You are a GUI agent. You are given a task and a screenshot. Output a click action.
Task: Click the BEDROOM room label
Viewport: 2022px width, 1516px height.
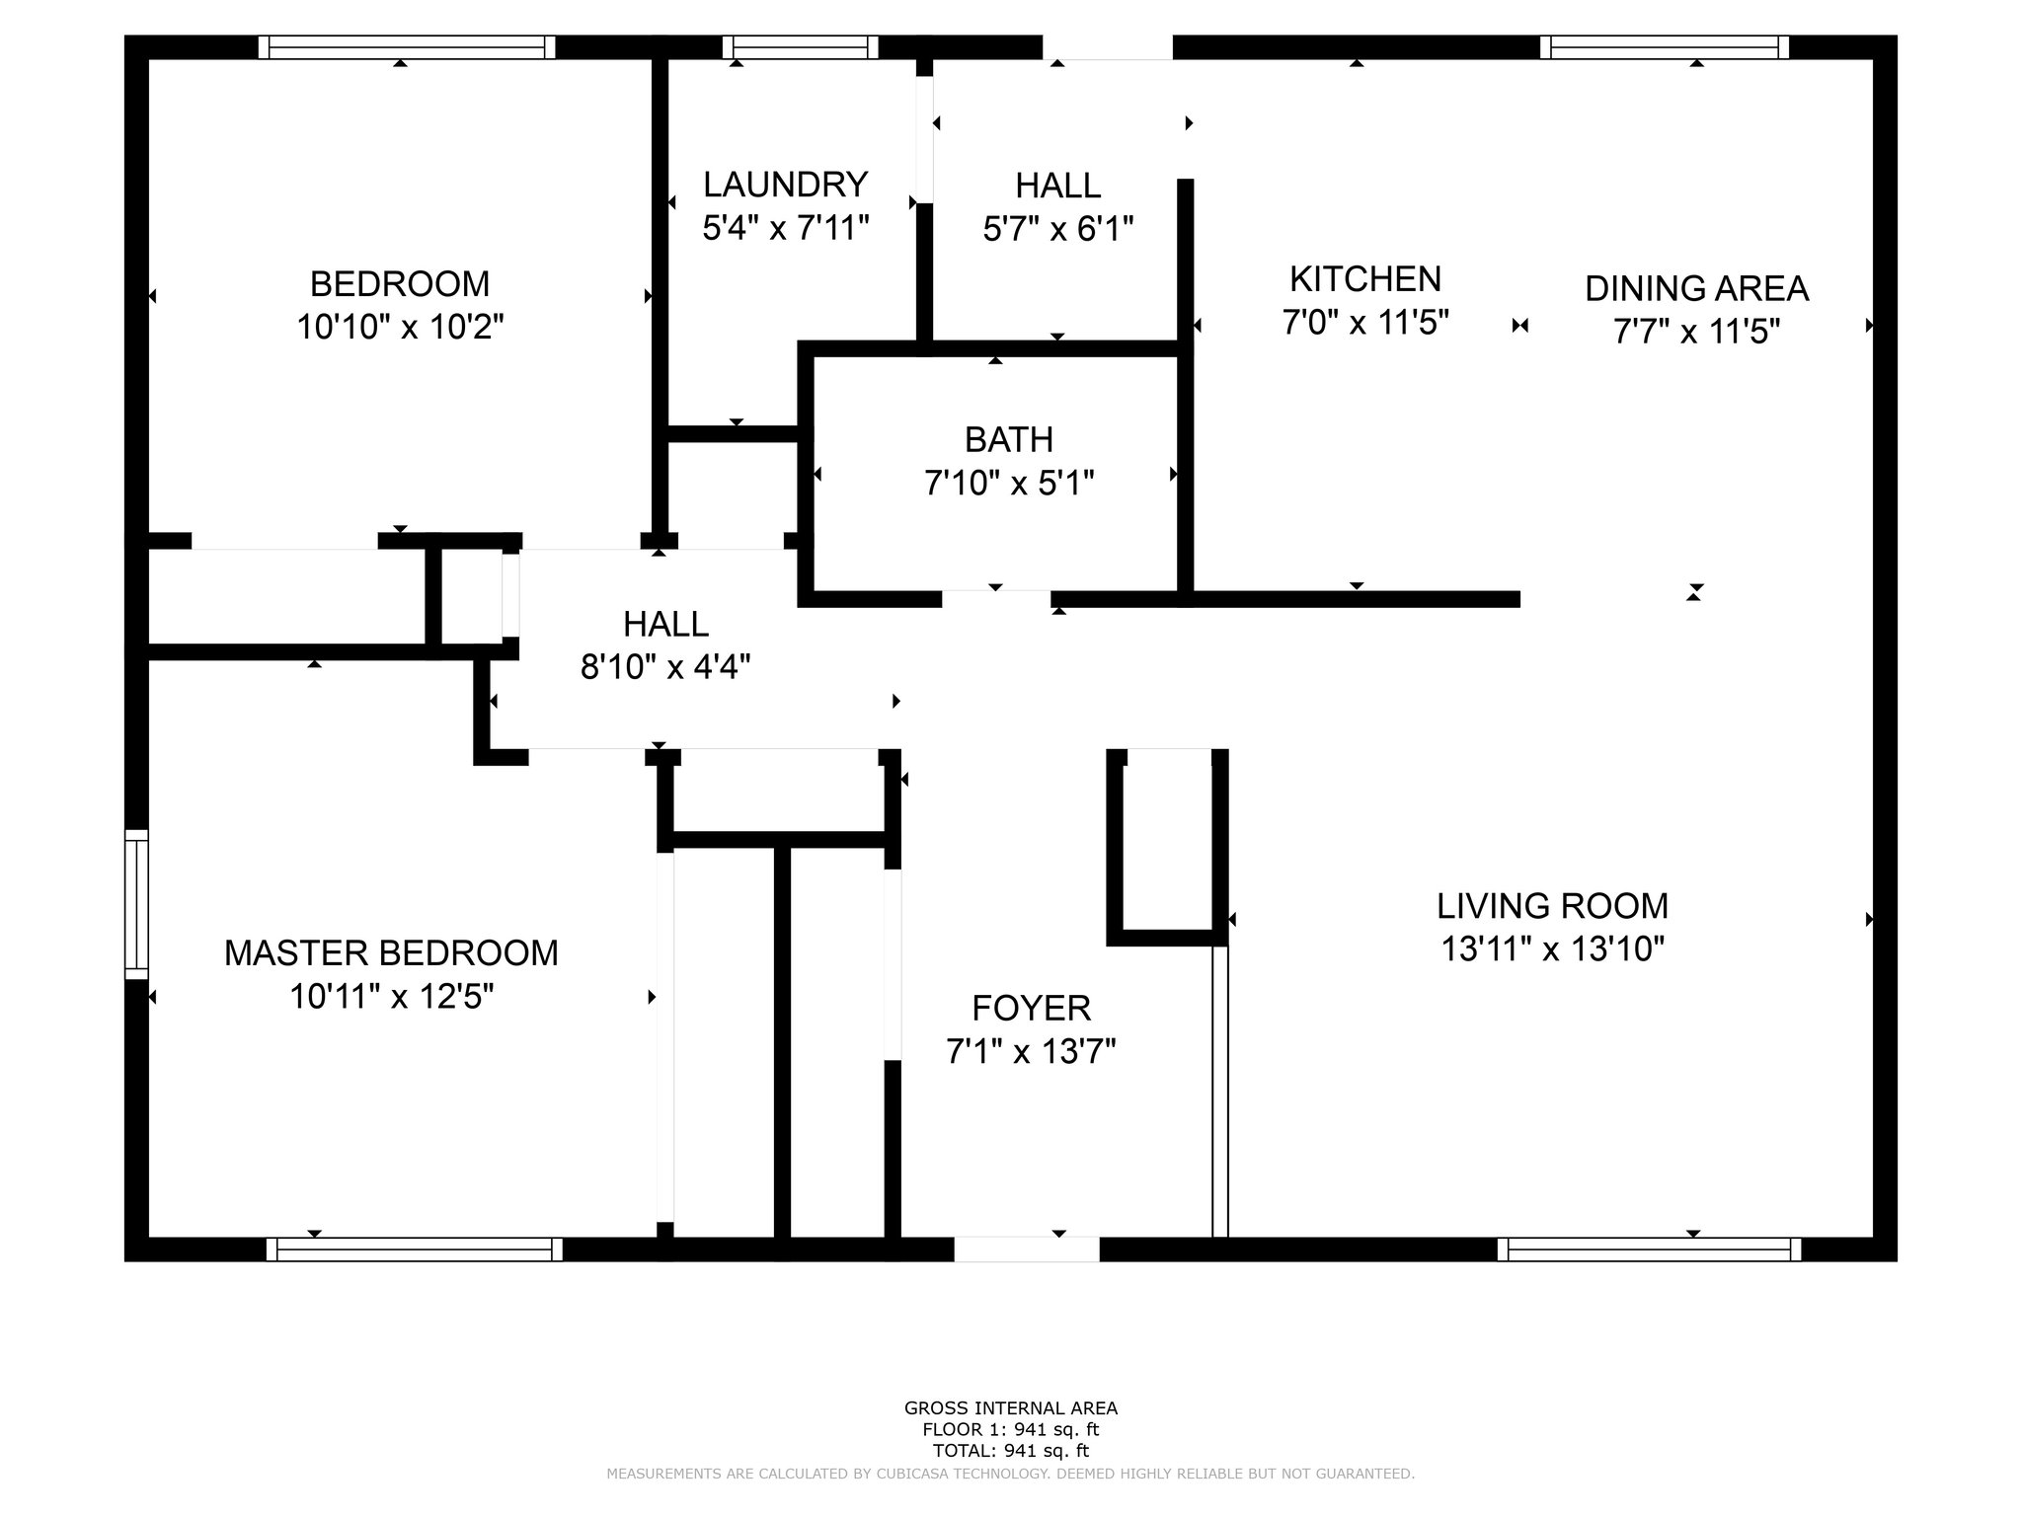[x=400, y=284]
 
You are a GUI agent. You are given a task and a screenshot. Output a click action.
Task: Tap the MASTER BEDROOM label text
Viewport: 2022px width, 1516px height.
[x=391, y=953]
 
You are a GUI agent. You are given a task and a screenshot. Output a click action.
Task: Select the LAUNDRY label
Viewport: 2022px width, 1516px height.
[x=786, y=185]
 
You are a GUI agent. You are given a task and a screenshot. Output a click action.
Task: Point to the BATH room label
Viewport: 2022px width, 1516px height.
[x=1009, y=439]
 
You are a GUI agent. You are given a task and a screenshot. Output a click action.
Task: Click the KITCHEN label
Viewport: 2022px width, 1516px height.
[x=1365, y=279]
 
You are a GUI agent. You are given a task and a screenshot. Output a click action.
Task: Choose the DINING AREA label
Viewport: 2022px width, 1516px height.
[x=1697, y=288]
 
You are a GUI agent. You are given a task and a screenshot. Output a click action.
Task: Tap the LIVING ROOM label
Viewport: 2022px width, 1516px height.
[x=1552, y=905]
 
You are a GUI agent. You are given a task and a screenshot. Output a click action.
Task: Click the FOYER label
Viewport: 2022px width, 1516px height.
[x=1032, y=1008]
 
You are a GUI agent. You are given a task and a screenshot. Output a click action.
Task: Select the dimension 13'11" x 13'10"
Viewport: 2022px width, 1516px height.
[x=1553, y=949]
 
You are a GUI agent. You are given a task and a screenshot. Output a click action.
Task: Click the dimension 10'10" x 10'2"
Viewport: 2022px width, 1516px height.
[x=401, y=328]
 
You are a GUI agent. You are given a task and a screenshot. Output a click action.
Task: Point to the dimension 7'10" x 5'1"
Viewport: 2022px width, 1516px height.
[x=1009, y=484]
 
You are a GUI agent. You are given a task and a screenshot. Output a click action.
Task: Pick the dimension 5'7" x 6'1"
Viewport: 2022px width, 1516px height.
[x=1058, y=229]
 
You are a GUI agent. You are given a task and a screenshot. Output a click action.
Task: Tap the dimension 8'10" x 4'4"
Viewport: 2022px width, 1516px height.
[x=665, y=668]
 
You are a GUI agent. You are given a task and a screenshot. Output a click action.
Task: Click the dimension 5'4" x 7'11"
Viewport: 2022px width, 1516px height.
[x=786, y=229]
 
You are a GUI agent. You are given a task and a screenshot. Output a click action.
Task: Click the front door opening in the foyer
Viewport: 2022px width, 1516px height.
[x=1027, y=1249]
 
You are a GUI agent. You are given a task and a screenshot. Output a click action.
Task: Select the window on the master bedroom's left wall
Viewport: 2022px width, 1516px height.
[x=136, y=905]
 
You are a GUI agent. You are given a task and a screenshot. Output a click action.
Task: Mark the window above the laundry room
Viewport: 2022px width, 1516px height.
[x=801, y=47]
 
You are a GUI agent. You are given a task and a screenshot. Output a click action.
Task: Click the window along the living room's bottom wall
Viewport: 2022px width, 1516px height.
[x=1650, y=1249]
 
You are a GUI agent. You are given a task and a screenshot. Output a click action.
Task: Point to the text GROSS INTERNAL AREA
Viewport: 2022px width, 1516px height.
[x=1011, y=1408]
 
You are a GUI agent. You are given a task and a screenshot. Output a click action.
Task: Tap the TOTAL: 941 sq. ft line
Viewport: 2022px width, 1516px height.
[x=1011, y=1451]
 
